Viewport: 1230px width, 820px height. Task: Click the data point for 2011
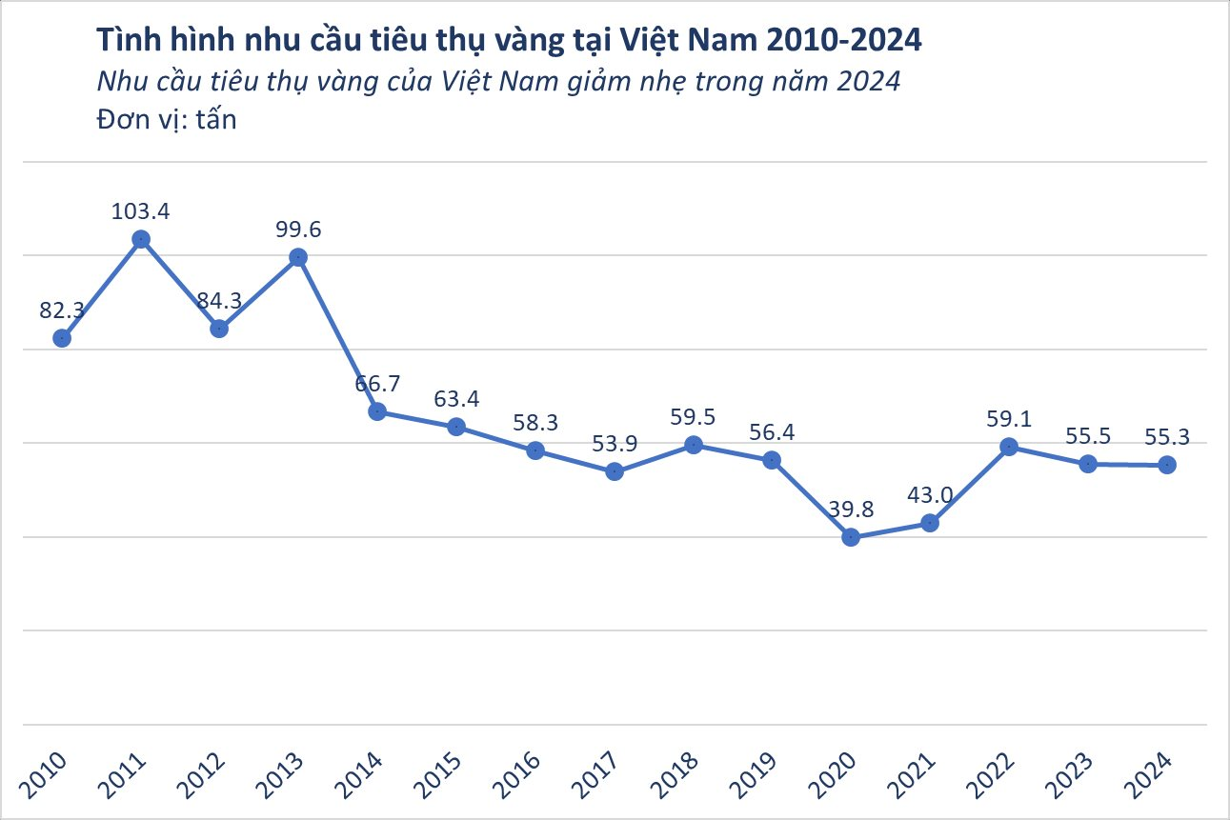pyautogui.click(x=141, y=240)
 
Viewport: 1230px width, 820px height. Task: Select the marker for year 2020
pyautogui.click(x=852, y=537)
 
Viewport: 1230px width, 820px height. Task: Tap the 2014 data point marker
pyautogui.click(x=377, y=411)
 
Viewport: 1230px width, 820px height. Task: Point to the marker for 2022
pyautogui.click(x=1009, y=447)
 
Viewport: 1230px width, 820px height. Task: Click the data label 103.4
pyautogui.click(x=141, y=211)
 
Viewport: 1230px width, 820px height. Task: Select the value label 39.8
pyautogui.click(x=852, y=509)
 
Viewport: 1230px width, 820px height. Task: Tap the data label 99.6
pyautogui.click(x=298, y=229)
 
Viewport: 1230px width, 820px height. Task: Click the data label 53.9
pyautogui.click(x=615, y=443)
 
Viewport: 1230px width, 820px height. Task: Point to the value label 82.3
pyautogui.click(x=63, y=310)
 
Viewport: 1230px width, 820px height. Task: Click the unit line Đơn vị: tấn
pyautogui.click(x=166, y=121)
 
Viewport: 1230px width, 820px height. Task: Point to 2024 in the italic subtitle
pyautogui.click(x=868, y=82)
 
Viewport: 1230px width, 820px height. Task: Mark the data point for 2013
pyautogui.click(x=298, y=257)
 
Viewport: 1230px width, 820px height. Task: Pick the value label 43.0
pyautogui.click(x=931, y=495)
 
